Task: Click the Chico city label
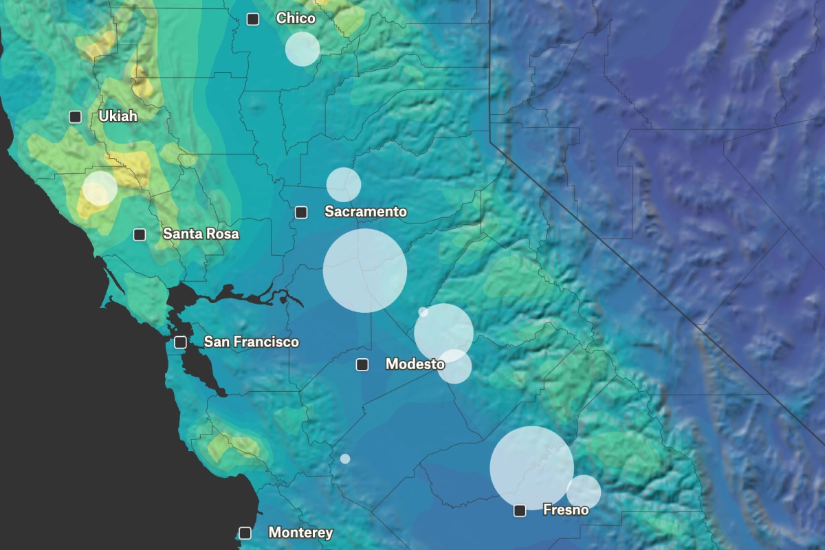pos(296,19)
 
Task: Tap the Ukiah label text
pos(118,116)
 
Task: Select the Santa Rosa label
pos(201,234)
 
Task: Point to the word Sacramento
pos(365,212)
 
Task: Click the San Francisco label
pos(251,342)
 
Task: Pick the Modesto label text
pos(415,364)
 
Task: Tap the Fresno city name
pos(566,509)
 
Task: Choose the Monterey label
pos(300,532)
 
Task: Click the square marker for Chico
pos(253,19)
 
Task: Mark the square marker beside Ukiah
pos(75,117)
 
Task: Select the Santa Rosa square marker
pos(140,234)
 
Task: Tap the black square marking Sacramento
pos(300,212)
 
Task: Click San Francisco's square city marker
pos(180,342)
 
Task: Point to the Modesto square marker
pos(362,364)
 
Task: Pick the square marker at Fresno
pos(520,510)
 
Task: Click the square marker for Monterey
pos(245,533)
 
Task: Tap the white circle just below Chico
pos(302,49)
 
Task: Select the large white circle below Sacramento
pos(365,271)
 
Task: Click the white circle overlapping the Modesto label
pos(455,366)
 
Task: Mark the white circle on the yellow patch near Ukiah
pos(100,188)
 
